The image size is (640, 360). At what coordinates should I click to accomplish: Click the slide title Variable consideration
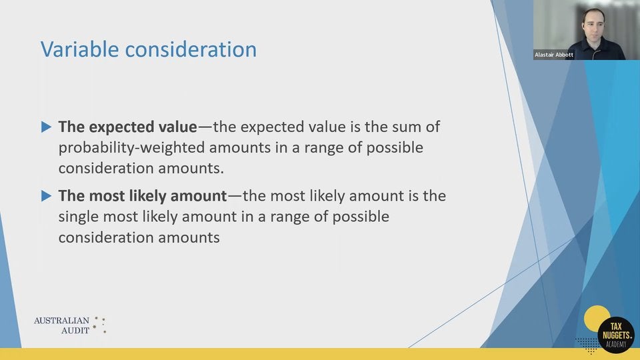point(148,50)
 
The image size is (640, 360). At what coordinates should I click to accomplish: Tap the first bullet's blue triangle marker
point(46,126)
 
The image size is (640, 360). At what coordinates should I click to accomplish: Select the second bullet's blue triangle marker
point(46,196)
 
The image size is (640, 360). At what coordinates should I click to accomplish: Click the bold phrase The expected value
point(127,127)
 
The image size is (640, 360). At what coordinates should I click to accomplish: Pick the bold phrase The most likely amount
point(143,196)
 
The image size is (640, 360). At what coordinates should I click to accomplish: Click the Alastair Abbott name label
point(553,55)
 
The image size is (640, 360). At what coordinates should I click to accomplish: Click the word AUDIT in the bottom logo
point(75,331)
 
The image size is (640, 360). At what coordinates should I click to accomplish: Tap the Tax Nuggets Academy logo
point(612,330)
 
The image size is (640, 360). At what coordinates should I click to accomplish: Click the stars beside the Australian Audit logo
point(99,325)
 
